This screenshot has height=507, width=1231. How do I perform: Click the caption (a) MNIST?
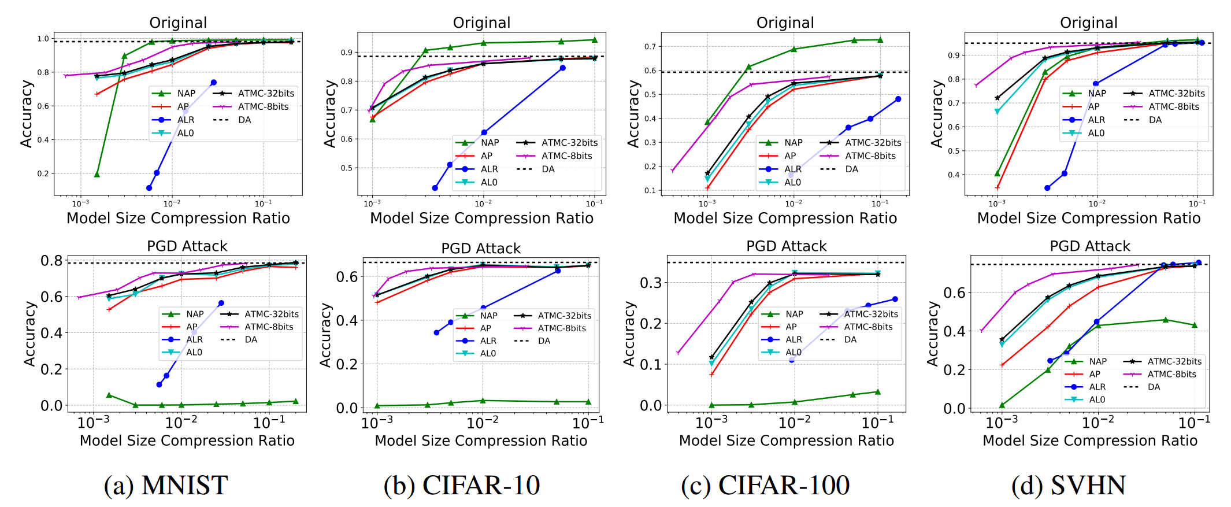[166, 485]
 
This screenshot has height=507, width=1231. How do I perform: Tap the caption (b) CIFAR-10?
[462, 485]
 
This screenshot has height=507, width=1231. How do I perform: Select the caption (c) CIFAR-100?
[765, 485]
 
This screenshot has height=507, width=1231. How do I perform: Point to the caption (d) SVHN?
[1069, 485]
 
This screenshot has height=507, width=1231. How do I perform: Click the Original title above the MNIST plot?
[178, 23]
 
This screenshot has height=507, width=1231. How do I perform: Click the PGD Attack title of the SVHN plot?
[1089, 246]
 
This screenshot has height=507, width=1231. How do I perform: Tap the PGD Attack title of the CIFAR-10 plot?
[481, 249]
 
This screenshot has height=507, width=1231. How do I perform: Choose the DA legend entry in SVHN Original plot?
[1155, 120]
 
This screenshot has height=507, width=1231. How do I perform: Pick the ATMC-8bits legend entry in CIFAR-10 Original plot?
[566, 156]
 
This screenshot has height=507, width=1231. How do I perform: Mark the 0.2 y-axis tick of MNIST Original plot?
[43, 173]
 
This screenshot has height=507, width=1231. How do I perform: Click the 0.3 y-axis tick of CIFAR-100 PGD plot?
[650, 283]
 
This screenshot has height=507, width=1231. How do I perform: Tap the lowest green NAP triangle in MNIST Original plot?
[97, 174]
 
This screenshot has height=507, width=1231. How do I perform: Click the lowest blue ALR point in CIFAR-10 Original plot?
[435, 188]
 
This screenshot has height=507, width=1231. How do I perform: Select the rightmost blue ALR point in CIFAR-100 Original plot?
[898, 99]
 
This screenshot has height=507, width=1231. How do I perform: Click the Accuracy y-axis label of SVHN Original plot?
[936, 113]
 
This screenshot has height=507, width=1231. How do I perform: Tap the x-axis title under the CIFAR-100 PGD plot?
[786, 441]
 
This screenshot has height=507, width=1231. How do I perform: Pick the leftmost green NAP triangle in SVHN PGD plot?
[1002, 405]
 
